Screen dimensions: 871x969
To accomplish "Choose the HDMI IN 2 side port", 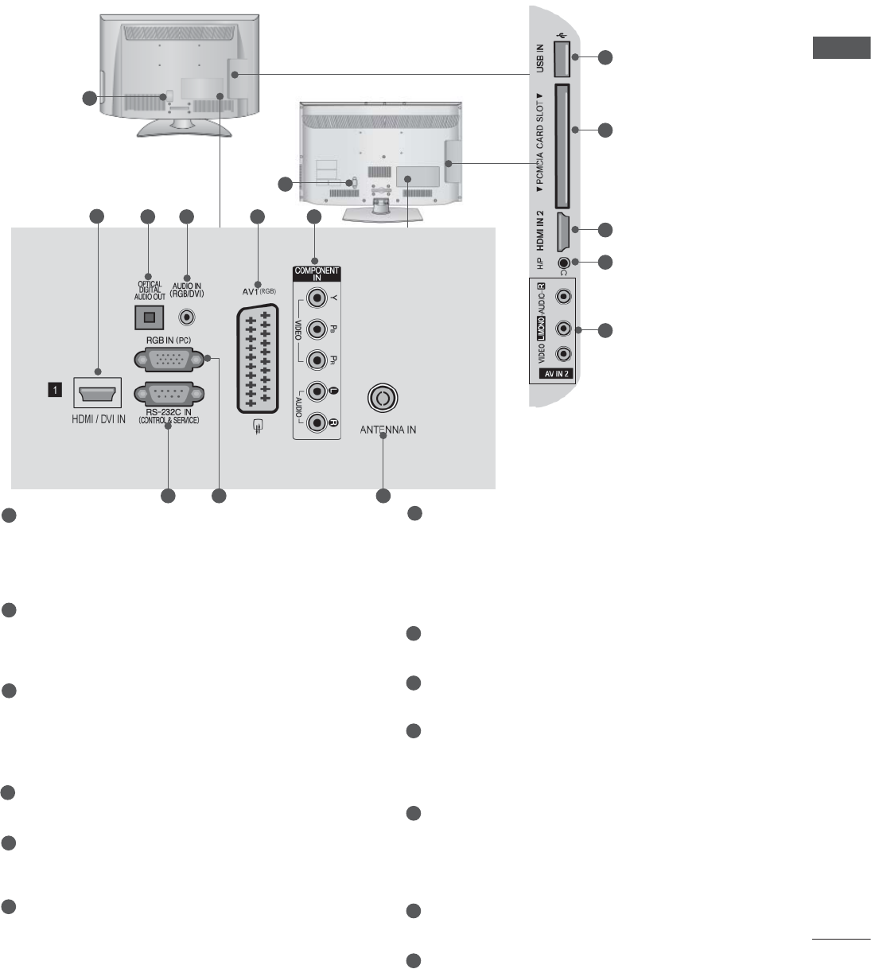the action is click(562, 229).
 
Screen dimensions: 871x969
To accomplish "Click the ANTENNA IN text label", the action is click(387, 430).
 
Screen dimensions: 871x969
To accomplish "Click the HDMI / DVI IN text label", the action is click(95, 418).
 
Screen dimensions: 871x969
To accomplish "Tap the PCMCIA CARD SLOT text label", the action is click(540, 147).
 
